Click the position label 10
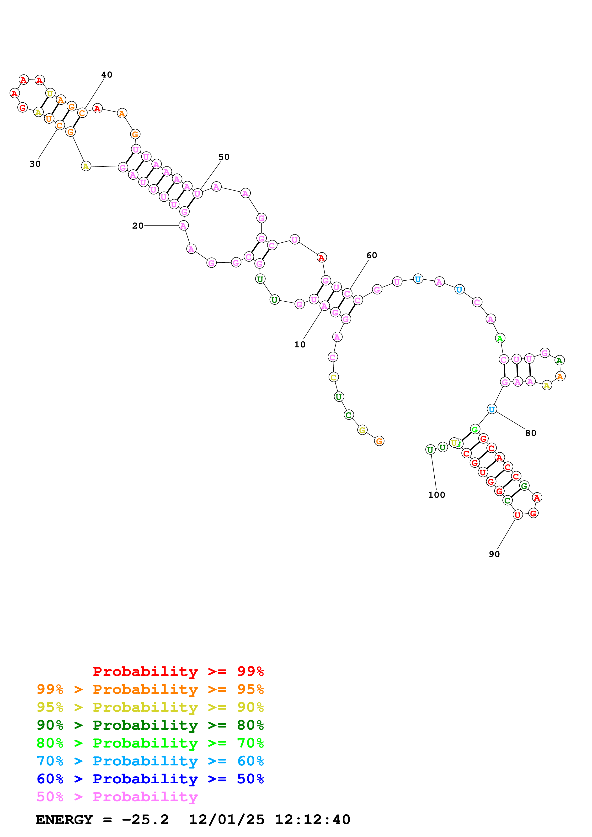[x=299, y=345]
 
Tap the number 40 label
[x=107, y=75]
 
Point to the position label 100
[x=436, y=495]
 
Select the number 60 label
[x=371, y=255]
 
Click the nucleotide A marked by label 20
[x=183, y=226]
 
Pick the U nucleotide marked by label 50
[x=197, y=194]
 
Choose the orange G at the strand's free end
[x=379, y=441]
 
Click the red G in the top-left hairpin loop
[x=23, y=108]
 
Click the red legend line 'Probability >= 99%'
[x=178, y=671]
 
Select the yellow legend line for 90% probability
[x=150, y=707]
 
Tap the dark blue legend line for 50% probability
[x=150, y=779]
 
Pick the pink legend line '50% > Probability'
[x=117, y=797]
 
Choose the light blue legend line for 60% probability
[x=150, y=761]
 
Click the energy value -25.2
[x=145, y=820]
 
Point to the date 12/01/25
[x=226, y=820]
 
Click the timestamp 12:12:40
[x=312, y=820]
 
